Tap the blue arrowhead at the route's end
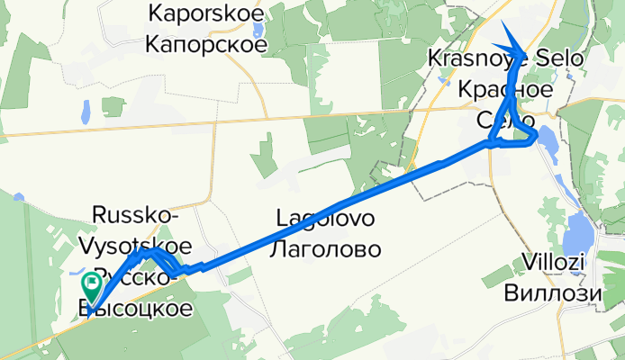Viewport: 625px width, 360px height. [512, 40]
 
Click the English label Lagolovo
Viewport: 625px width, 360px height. [324, 219]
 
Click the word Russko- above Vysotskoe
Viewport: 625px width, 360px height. [135, 215]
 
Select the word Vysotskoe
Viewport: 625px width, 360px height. [140, 245]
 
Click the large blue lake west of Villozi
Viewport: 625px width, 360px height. [577, 236]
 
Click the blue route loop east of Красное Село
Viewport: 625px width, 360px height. [530, 137]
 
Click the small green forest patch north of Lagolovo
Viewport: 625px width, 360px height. [265, 155]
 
